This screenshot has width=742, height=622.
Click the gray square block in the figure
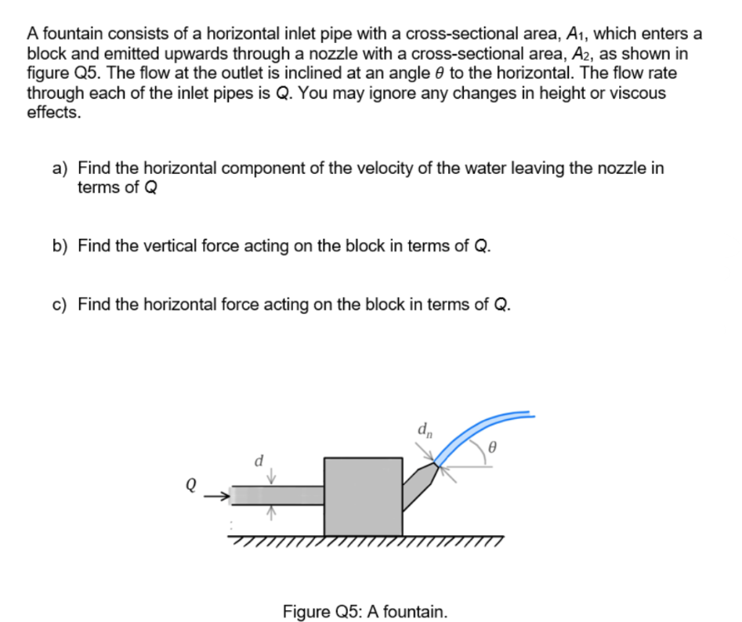pos(364,496)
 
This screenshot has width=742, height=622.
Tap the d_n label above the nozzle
pos(423,430)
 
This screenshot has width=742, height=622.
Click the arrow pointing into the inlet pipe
pos(222,495)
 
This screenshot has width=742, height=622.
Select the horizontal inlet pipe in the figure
pos(278,495)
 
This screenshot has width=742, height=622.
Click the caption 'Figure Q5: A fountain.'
pos(365,610)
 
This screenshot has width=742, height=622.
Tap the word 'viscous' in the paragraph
pos(639,93)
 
